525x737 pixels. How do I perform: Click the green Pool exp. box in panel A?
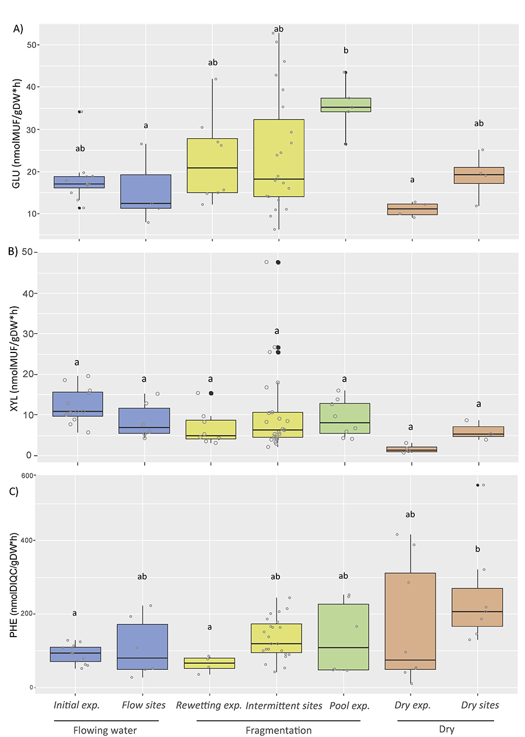pyautogui.click(x=346, y=104)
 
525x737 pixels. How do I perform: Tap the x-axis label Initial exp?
pyautogui.click(x=76, y=705)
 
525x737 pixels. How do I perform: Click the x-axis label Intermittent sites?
pyautogui.click(x=284, y=705)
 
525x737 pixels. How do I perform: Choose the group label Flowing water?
pyautogui.click(x=106, y=730)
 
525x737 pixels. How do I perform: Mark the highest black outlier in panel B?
pyautogui.click(x=278, y=263)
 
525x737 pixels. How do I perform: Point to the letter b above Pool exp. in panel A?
pyautogui.click(x=346, y=51)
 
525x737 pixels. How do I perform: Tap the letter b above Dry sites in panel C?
pyautogui.click(x=478, y=549)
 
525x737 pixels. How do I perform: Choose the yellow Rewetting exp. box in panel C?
pyautogui.click(x=209, y=663)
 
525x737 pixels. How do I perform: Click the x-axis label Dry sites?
pyautogui.click(x=480, y=705)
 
